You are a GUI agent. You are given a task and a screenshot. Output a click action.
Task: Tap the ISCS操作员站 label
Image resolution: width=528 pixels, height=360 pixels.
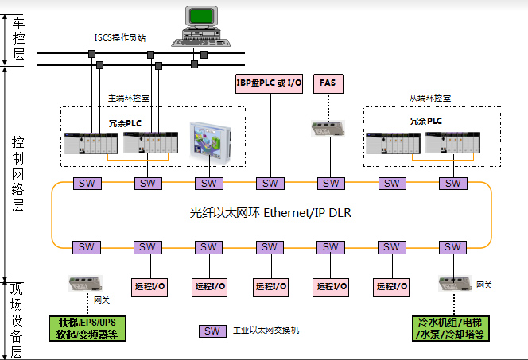pos(121,37)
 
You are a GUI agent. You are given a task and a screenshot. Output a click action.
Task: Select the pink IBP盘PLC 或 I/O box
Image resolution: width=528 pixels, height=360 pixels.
pos(270,83)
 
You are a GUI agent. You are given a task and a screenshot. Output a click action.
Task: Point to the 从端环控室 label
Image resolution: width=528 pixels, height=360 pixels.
pos(430,98)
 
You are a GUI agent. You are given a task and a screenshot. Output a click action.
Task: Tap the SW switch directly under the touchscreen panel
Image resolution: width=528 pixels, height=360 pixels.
pos(208,184)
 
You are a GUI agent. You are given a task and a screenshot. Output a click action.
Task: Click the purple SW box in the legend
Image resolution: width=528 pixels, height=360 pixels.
pos(211,331)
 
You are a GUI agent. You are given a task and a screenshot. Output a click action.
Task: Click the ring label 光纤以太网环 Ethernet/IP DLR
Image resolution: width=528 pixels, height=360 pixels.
pos(270,213)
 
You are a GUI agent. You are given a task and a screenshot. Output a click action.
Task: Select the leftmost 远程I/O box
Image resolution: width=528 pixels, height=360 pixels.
pos(147,286)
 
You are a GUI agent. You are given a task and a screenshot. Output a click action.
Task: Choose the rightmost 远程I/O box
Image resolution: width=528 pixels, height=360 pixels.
pos(391,286)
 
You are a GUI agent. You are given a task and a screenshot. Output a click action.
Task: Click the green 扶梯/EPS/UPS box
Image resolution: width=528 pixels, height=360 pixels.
pos(87,328)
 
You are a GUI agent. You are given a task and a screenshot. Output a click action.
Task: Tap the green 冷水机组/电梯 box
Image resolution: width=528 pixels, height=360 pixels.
pos(452,328)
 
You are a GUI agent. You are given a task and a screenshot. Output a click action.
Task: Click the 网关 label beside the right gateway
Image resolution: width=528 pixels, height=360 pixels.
pos(483,284)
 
